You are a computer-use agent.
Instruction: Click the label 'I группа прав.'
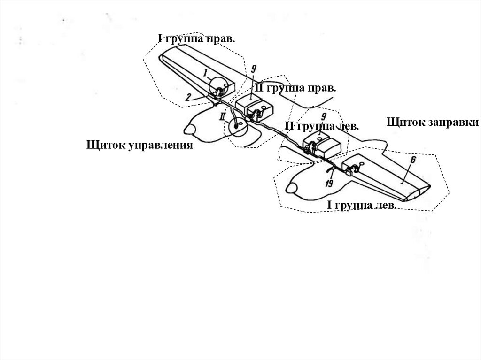tap(196, 38)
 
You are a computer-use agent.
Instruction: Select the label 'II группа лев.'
tap(322, 126)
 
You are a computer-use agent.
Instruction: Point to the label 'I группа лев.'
tap(362, 206)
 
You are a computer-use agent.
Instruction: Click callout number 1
tap(205, 73)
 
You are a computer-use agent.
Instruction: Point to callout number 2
tap(188, 98)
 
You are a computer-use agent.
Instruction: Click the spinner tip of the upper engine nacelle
tap(186, 128)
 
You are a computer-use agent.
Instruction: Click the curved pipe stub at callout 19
tap(332, 170)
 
